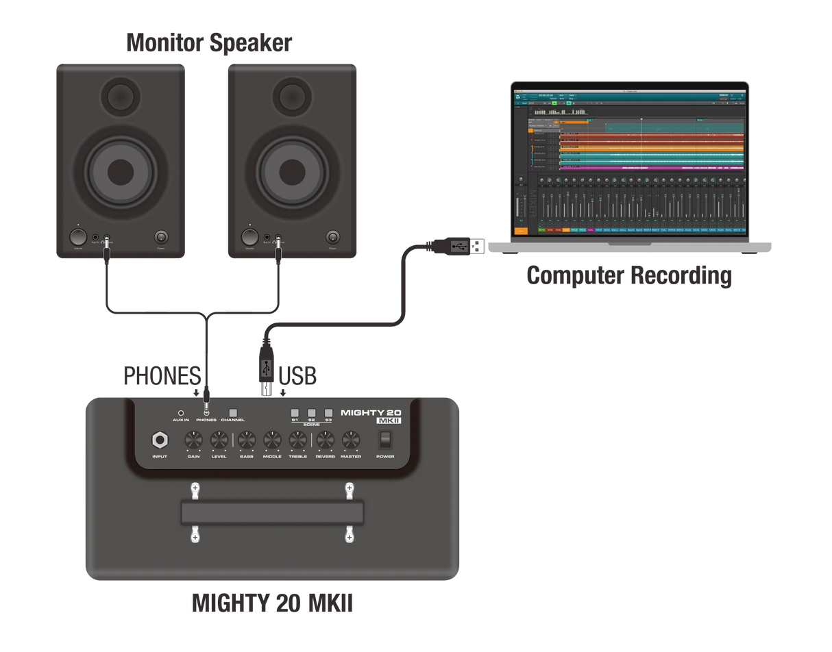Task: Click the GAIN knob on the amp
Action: [194, 440]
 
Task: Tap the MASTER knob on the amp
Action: [351, 440]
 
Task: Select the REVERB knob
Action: [325, 440]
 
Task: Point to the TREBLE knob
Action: [297, 440]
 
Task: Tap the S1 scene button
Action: [295, 413]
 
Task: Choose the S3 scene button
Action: [328, 413]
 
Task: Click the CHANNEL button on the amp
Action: [233, 412]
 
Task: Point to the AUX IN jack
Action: [181, 413]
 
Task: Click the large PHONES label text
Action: [162, 376]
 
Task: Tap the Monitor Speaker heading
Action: [209, 42]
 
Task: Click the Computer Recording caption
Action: [629, 275]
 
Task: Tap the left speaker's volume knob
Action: [78, 238]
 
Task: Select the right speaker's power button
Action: [332, 238]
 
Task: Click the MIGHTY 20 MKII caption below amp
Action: [272, 603]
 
